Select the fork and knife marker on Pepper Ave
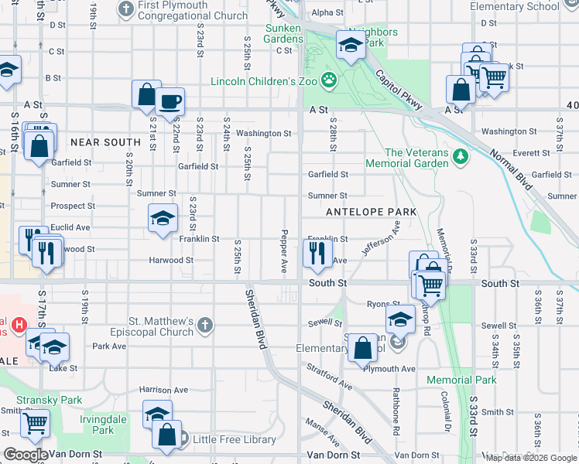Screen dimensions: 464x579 pyautogui.click(x=317, y=251)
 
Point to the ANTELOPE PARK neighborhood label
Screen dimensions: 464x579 pyautogui.click(x=372, y=212)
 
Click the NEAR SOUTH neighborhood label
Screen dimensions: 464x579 pyautogui.click(x=105, y=142)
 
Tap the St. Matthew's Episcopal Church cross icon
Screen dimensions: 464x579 pyautogui.click(x=204, y=326)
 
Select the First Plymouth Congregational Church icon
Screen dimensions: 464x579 pyautogui.click(x=127, y=9)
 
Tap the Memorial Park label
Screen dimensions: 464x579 pyautogui.click(x=461, y=380)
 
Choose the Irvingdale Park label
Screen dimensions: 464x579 pyautogui.click(x=104, y=423)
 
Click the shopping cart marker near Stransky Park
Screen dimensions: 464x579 pyautogui.click(x=34, y=422)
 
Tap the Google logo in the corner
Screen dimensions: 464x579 pyautogui.click(x=26, y=455)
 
